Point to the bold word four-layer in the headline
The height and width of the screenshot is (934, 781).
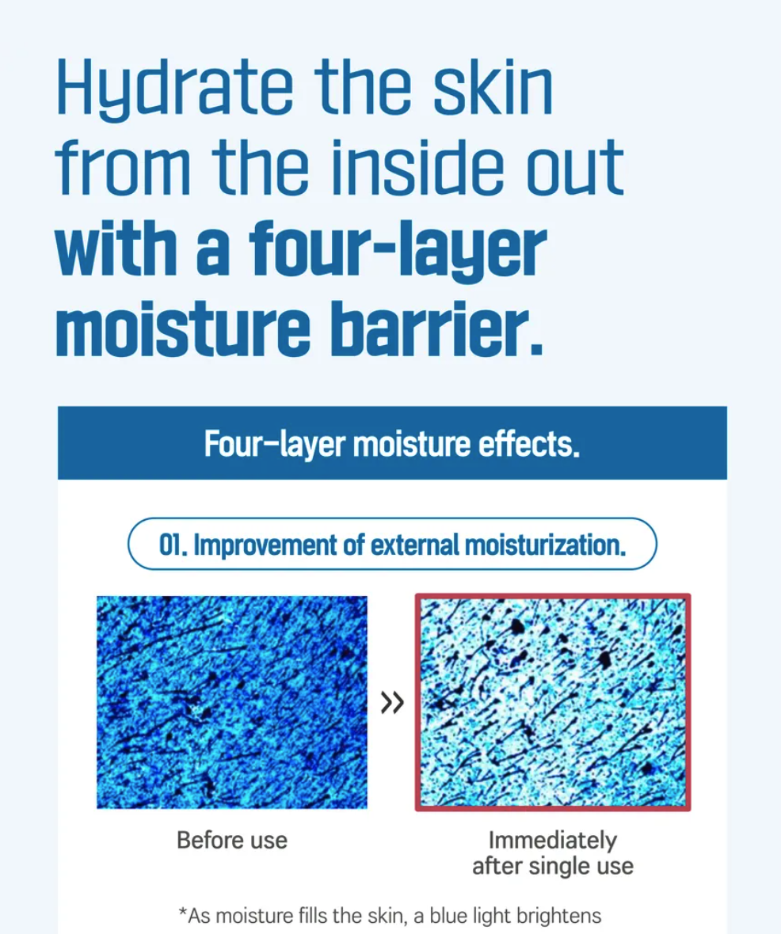398,249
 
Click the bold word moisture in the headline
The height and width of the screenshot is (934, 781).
183,328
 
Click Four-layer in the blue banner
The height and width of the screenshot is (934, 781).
275,444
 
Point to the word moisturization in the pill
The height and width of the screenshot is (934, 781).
545,545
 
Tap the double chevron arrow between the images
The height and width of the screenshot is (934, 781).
392,702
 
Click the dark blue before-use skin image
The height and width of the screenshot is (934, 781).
232,702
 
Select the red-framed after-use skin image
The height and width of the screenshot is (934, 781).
553,702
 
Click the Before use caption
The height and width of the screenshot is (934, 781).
232,841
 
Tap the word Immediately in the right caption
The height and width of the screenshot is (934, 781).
553,841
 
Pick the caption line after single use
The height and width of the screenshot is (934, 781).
553,866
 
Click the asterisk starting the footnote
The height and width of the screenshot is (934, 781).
183,912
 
